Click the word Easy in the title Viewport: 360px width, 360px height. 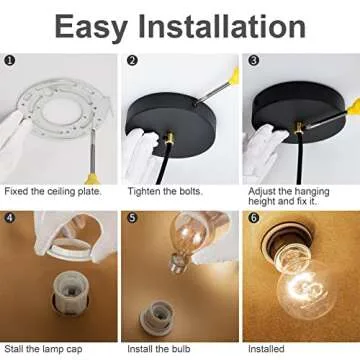tap(91, 28)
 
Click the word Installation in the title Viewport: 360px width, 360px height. tap(222, 26)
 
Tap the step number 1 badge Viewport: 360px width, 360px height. tap(10, 61)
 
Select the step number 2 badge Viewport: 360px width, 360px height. tap(132, 61)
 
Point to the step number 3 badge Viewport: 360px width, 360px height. tap(254, 61)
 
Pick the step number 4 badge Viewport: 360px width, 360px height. tap(10, 218)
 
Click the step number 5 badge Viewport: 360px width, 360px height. tap(132, 218)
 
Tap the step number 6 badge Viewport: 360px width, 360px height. tap(254, 218)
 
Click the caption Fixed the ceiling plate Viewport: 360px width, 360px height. tap(53, 191)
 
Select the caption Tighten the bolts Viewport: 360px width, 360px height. tap(165, 192)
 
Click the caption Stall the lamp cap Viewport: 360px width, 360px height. tap(43, 349)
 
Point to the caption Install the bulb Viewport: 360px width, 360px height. tap(159, 349)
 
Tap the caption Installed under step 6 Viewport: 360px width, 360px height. tap(266, 349)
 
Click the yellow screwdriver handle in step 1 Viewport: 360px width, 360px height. tap(92, 179)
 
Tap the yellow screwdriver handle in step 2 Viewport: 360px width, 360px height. tap(235, 76)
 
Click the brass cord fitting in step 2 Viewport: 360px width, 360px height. tap(170, 137)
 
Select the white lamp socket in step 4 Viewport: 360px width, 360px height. tap(71, 294)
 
